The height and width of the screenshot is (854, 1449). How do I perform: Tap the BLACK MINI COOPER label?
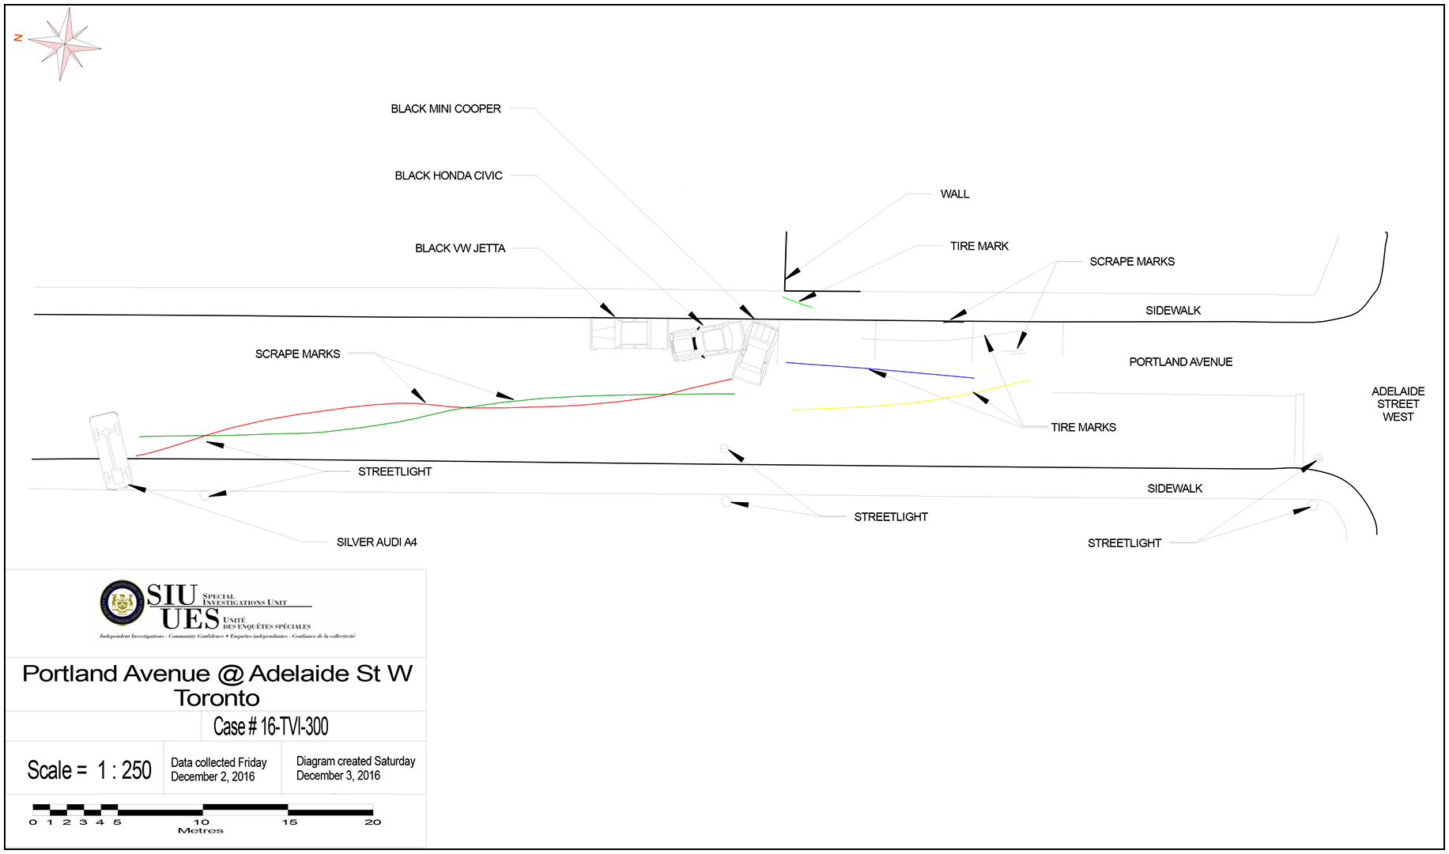click(x=446, y=109)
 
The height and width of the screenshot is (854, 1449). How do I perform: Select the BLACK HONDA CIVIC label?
click(x=448, y=176)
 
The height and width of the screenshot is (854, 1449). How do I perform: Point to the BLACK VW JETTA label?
click(x=460, y=248)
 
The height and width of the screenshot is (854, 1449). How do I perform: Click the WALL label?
click(x=954, y=194)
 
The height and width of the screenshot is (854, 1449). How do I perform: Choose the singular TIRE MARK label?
click(x=979, y=246)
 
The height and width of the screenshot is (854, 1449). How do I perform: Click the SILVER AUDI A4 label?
click(x=376, y=542)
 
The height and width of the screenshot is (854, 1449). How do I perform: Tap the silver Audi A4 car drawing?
click(x=110, y=449)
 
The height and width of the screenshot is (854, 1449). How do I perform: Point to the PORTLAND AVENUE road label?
click(x=1180, y=362)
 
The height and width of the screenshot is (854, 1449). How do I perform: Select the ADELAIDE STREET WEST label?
click(x=1398, y=404)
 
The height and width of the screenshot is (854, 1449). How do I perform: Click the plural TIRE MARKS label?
click(x=1083, y=427)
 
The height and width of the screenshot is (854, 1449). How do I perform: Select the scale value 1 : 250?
click(x=124, y=770)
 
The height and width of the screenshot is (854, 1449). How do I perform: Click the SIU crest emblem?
click(x=122, y=603)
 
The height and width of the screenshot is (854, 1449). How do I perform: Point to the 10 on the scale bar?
click(x=202, y=822)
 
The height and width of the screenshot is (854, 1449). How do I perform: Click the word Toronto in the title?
click(x=217, y=698)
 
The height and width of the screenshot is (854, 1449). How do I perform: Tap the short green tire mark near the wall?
click(x=797, y=301)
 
